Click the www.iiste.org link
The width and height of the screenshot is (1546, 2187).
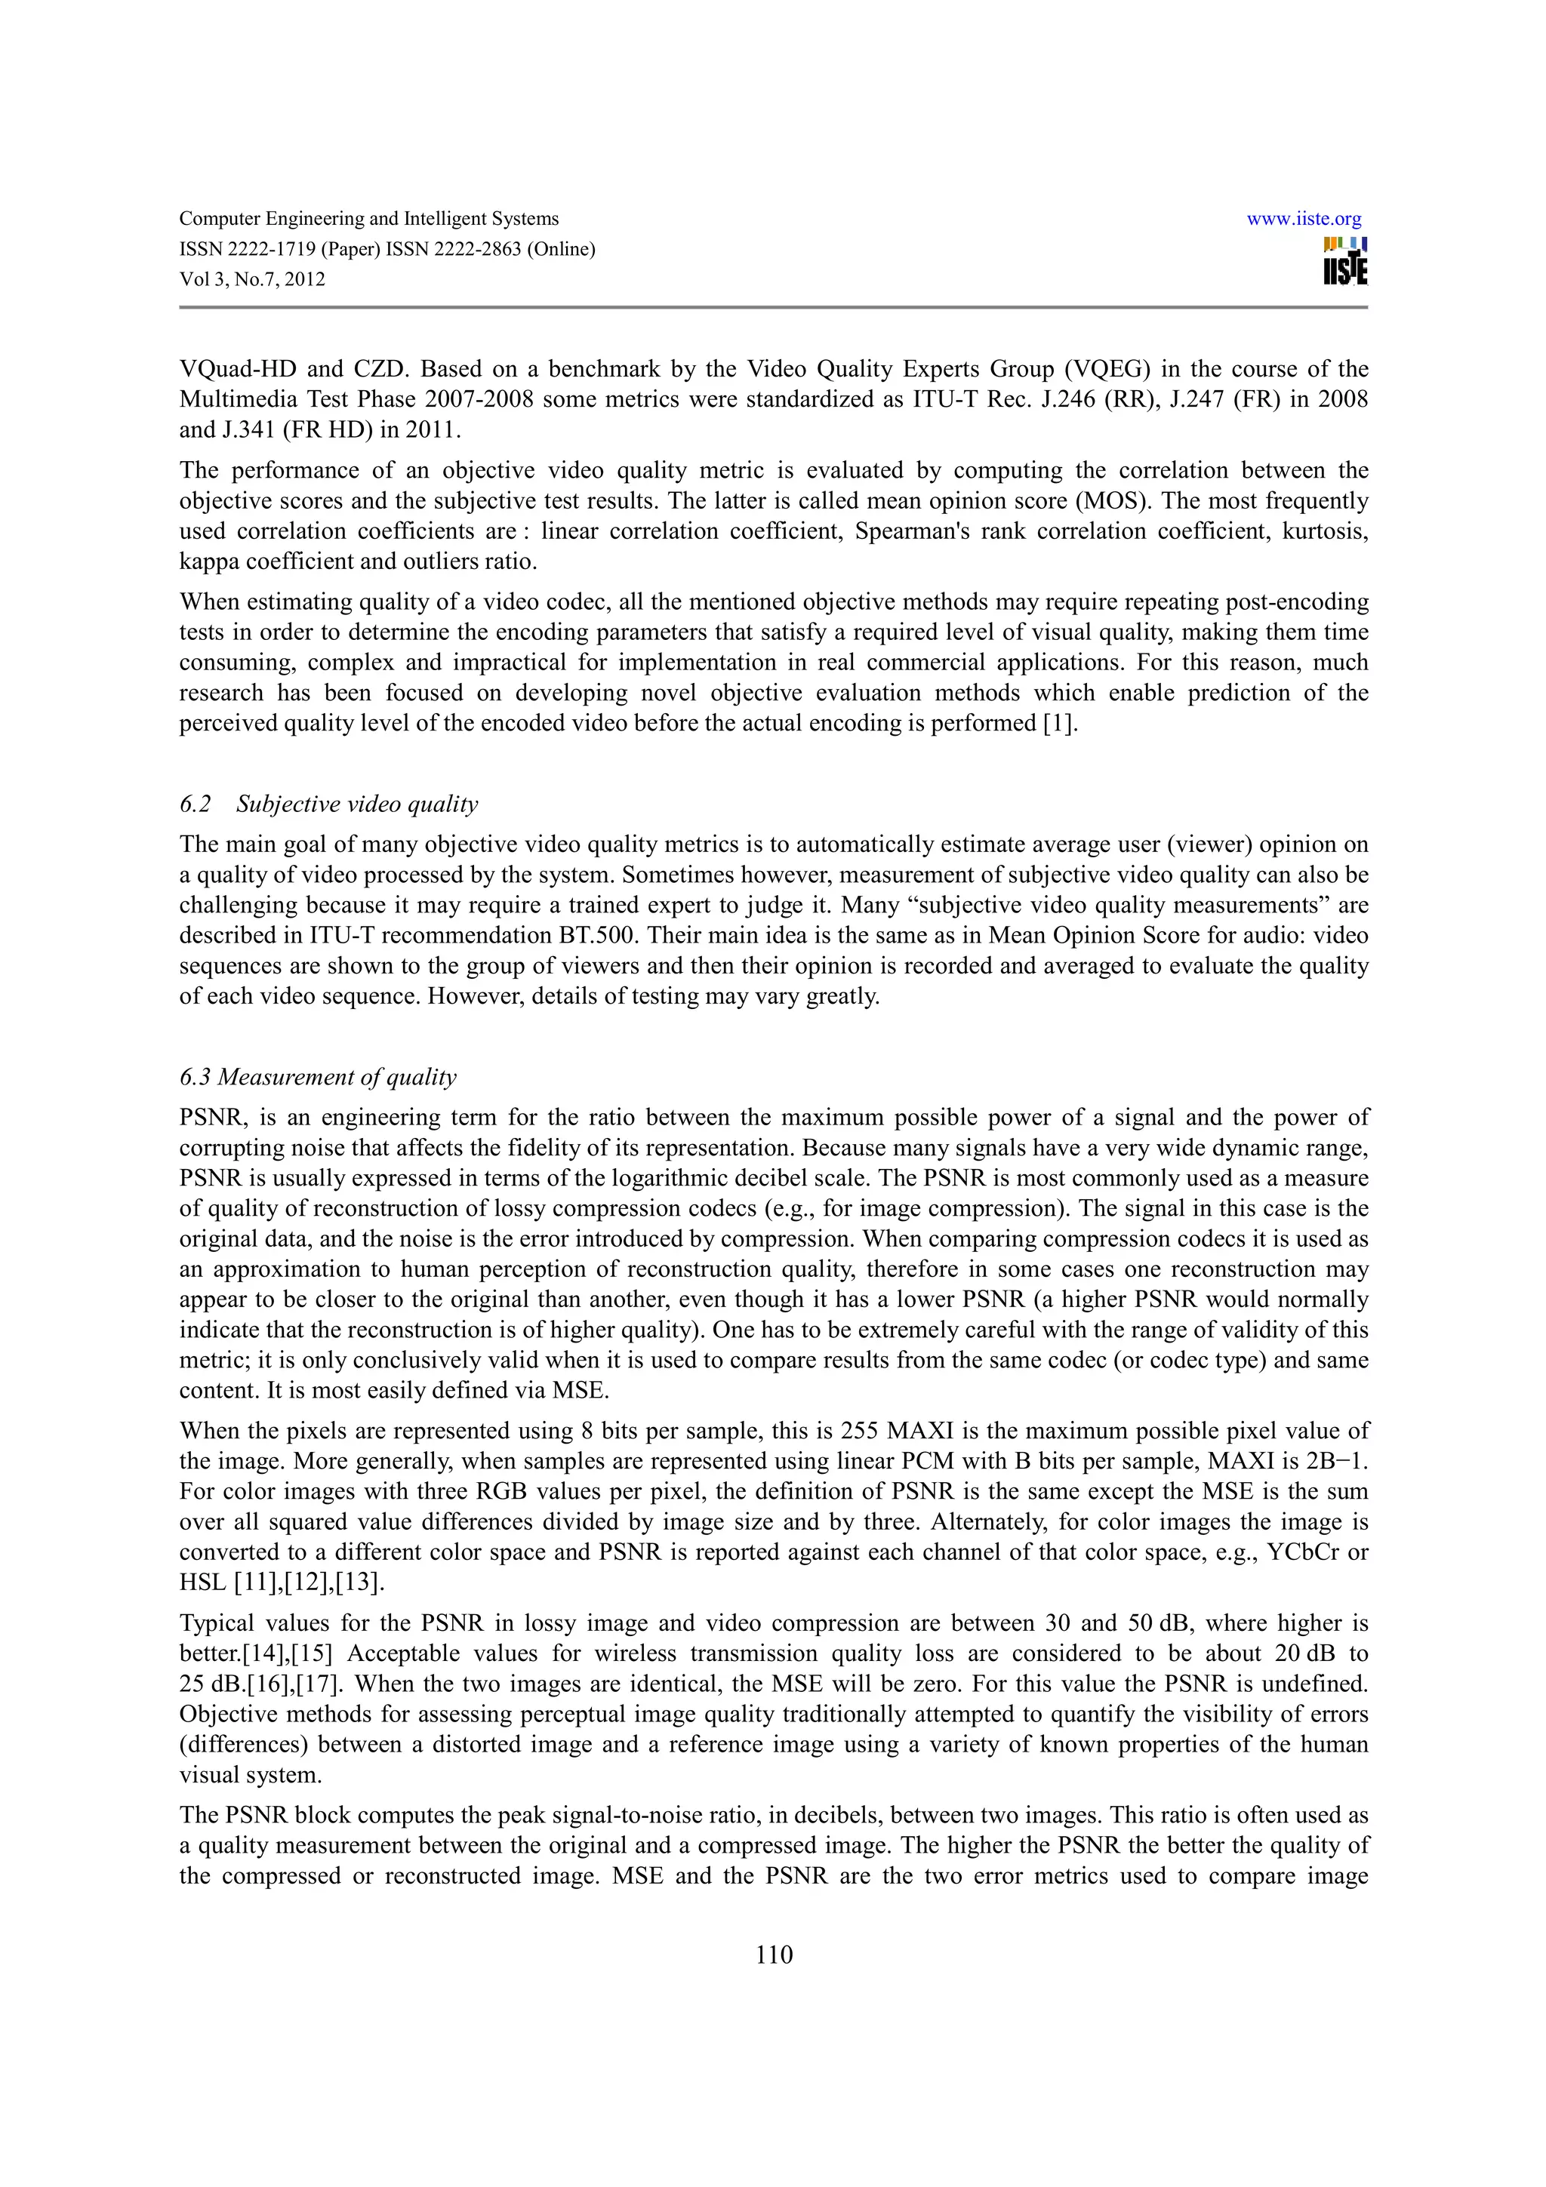[1303, 219]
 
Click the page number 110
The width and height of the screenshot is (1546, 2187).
[774, 1955]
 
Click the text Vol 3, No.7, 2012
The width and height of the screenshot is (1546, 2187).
[252, 279]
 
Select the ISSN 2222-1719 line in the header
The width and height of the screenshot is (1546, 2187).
[386, 250]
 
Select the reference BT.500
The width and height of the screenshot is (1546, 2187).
[596, 935]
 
